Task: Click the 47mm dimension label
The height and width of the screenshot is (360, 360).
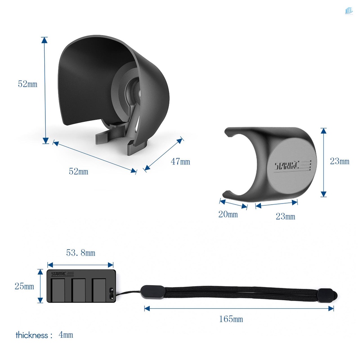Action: click(x=180, y=162)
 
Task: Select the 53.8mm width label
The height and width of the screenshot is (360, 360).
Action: click(x=81, y=253)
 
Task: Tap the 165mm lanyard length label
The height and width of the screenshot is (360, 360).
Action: click(x=231, y=319)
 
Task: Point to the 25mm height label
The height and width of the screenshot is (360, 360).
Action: click(x=24, y=287)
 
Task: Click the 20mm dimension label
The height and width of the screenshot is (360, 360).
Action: click(x=228, y=214)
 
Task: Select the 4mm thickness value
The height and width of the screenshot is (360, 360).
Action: click(x=66, y=335)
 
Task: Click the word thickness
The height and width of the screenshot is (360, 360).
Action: click(x=32, y=335)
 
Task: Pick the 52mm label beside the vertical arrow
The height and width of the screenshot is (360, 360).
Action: click(x=27, y=84)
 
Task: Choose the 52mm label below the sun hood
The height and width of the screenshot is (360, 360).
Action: click(x=78, y=172)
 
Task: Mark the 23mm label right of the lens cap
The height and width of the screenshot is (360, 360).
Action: click(x=340, y=161)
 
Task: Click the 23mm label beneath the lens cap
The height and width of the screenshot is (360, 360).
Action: click(x=285, y=217)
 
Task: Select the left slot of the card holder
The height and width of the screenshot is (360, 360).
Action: click(x=58, y=290)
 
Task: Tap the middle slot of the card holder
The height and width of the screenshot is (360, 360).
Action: click(x=79, y=290)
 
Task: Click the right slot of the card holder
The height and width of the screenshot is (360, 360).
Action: click(x=99, y=290)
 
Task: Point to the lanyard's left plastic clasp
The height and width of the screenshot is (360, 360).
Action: click(x=153, y=292)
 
